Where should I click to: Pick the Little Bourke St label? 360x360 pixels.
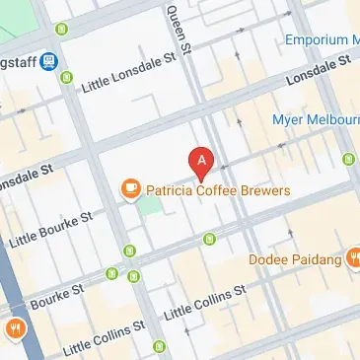click(x=50, y=228)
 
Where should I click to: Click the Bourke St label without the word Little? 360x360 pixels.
click(x=27, y=300)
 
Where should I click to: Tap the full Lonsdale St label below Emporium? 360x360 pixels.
click(x=319, y=72)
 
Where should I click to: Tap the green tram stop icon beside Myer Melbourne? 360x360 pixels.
click(x=348, y=159)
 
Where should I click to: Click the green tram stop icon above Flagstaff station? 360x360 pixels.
click(x=63, y=29)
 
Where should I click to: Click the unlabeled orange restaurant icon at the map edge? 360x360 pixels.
click(x=15, y=328)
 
